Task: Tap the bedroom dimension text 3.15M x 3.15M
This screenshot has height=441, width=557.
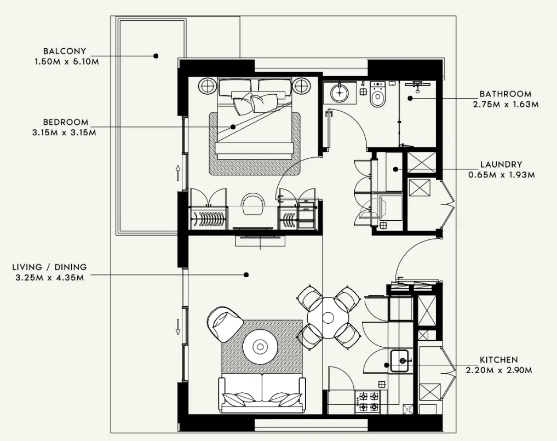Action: tap(64, 132)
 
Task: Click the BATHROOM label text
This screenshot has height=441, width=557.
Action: tap(505, 94)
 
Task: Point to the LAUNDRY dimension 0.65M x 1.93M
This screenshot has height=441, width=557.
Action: tap(501, 175)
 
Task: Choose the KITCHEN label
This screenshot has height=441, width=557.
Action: tap(498, 360)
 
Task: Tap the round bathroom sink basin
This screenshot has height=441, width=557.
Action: tap(341, 93)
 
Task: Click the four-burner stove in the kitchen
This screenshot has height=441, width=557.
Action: tap(367, 401)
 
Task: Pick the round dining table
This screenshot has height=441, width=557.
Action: tap(328, 317)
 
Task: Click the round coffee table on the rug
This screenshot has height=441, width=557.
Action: tap(260, 346)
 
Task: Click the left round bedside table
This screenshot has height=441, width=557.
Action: tap(207, 85)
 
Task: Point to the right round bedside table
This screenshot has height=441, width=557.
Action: tap(301, 85)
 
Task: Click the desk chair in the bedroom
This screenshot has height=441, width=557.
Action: tap(252, 203)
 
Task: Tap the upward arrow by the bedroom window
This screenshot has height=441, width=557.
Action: tap(178, 174)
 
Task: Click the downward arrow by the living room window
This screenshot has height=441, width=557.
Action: tap(178, 328)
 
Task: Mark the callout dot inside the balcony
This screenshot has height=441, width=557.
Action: tap(156, 56)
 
